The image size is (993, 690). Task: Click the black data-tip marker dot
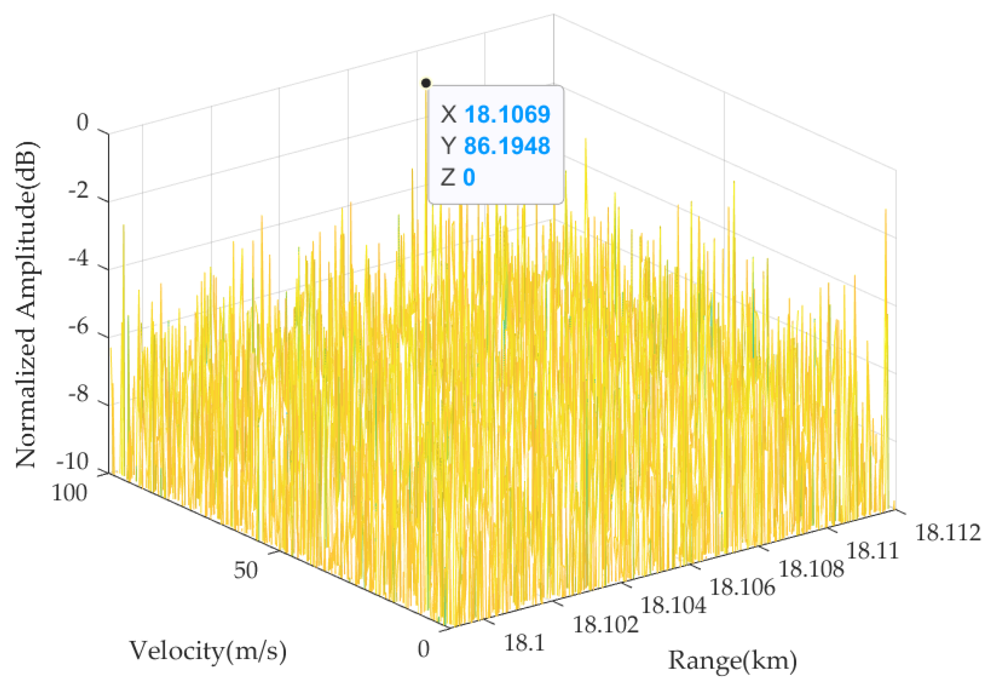coord(426,83)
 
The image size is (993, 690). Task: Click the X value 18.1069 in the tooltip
coord(507,115)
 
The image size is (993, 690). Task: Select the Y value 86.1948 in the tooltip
coord(507,146)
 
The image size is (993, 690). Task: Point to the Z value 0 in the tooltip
coord(469,178)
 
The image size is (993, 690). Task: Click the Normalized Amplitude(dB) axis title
coord(27,304)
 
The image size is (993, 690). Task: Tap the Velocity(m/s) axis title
coord(208,650)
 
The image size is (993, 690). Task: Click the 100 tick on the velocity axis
coord(69,493)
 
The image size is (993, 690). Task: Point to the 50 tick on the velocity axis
coord(246,570)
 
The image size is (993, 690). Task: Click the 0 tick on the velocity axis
coord(424,649)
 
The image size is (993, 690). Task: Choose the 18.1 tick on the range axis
coord(524,644)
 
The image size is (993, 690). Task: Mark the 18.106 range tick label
coord(742,587)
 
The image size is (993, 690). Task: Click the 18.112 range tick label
coord(948,533)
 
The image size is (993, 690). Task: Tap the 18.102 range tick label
coord(605,625)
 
